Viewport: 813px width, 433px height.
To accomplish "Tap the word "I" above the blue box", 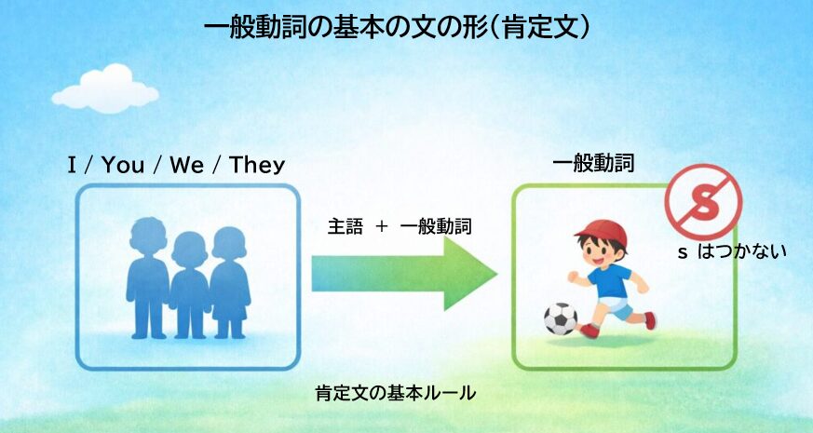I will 72,166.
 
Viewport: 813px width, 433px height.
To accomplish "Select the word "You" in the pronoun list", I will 123,166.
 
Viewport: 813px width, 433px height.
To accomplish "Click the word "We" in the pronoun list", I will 186,166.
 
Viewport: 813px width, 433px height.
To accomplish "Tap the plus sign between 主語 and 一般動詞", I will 381,226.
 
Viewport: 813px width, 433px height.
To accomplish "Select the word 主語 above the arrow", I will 345,226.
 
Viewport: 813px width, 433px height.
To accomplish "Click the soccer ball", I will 560,318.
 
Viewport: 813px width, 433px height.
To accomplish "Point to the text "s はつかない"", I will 731,250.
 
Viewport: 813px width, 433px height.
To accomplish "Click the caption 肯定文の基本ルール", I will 396,393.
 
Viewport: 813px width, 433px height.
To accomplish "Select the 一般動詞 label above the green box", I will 593,165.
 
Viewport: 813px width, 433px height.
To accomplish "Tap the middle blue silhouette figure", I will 189,284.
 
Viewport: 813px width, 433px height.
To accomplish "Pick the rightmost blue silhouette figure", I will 229,279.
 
